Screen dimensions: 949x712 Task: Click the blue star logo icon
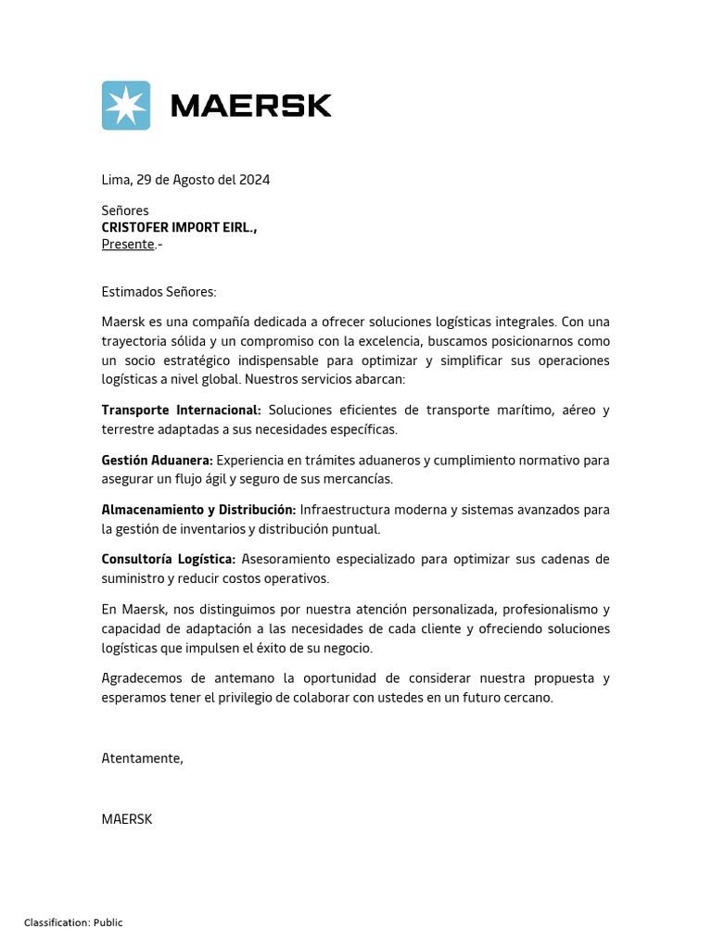tap(125, 106)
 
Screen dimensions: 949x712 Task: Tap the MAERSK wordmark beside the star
tap(250, 106)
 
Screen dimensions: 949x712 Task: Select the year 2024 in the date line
tap(254, 180)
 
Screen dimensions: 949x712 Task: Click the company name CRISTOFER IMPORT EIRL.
tap(179, 227)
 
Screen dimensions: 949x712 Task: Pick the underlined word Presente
tap(128, 244)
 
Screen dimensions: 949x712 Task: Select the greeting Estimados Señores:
tap(159, 292)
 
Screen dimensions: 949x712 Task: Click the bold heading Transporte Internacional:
tap(182, 410)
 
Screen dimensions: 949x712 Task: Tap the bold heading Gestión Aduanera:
tap(157, 460)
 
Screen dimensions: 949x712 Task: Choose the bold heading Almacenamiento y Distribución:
tap(198, 510)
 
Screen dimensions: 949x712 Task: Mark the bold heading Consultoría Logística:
tap(169, 559)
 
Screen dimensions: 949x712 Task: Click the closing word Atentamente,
tap(142, 758)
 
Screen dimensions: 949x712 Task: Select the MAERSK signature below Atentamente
tap(126, 819)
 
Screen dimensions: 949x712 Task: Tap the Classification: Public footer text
tap(73, 922)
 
